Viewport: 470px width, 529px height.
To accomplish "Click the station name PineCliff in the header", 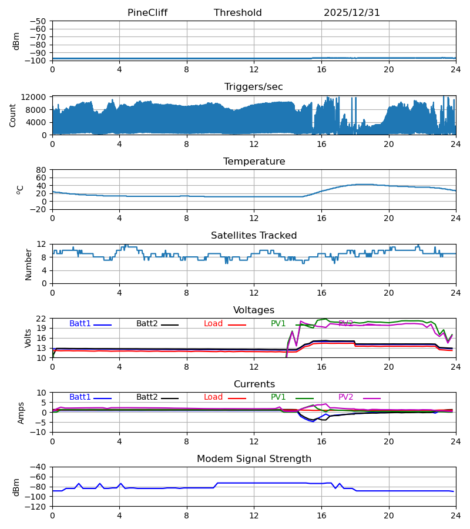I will coord(152,13).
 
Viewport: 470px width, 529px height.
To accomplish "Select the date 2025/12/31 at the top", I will coord(352,13).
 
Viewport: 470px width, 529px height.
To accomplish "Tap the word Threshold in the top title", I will coord(238,13).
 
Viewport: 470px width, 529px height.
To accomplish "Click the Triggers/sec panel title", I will coord(254,87).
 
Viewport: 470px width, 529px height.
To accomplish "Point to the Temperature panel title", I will coord(254,162).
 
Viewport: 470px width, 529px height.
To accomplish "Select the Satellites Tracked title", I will coord(254,236).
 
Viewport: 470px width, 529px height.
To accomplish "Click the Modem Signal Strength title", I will coord(254,459).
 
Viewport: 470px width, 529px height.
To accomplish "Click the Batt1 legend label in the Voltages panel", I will coord(80,324).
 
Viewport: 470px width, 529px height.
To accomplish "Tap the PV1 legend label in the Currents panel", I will coord(278,397).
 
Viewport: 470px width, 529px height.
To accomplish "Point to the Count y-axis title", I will coord(13,115).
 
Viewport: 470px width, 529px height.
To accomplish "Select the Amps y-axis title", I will coord(22,413).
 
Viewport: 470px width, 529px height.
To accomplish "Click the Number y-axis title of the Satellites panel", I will coord(28,264).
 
